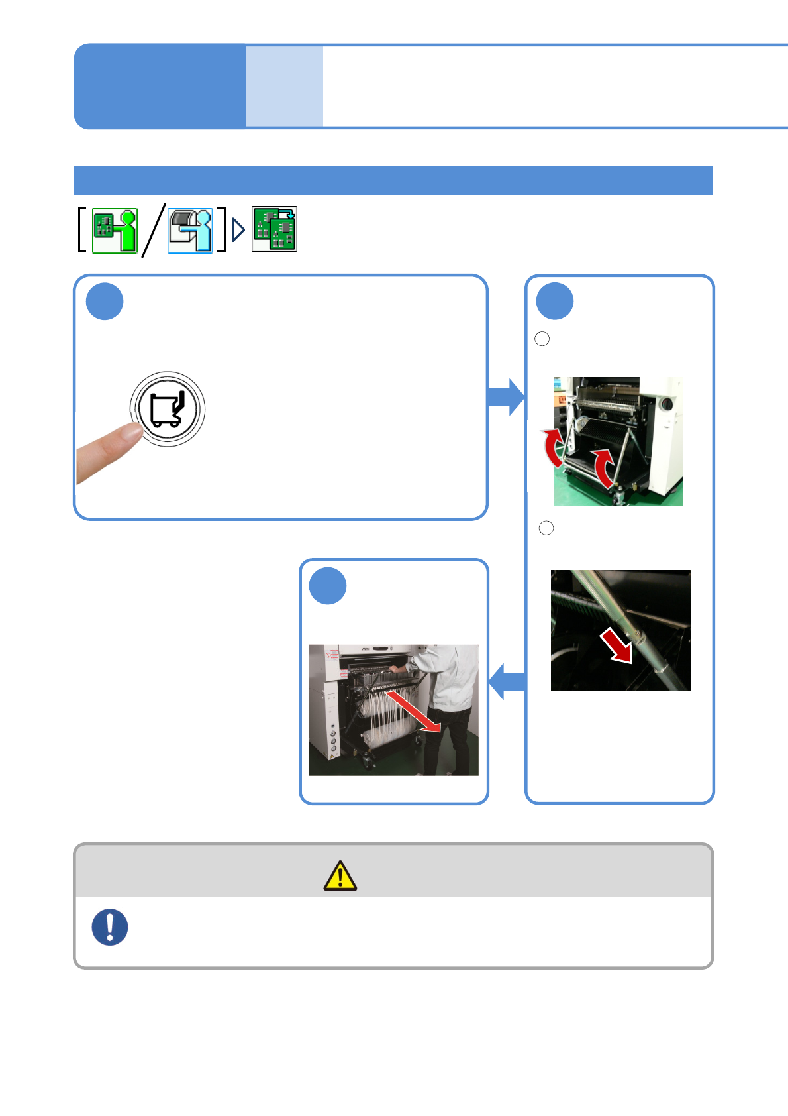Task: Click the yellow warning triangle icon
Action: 340,875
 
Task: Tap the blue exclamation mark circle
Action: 110,926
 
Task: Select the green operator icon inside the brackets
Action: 115,230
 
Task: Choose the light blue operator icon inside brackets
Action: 191,230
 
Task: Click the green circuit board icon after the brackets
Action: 274,229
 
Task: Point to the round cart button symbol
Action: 167,409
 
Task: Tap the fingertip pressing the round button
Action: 126,434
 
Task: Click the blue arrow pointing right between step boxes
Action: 506,397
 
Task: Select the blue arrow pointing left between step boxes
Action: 507,681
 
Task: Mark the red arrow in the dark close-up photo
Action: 617,645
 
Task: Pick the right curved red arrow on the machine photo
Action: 604,467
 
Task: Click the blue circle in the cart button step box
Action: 105,302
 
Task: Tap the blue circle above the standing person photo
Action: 328,586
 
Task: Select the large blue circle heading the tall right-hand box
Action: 554,302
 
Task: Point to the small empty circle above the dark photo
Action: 546,528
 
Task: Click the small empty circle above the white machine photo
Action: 542,339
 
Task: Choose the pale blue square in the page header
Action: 284,86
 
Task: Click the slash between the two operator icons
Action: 153,230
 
